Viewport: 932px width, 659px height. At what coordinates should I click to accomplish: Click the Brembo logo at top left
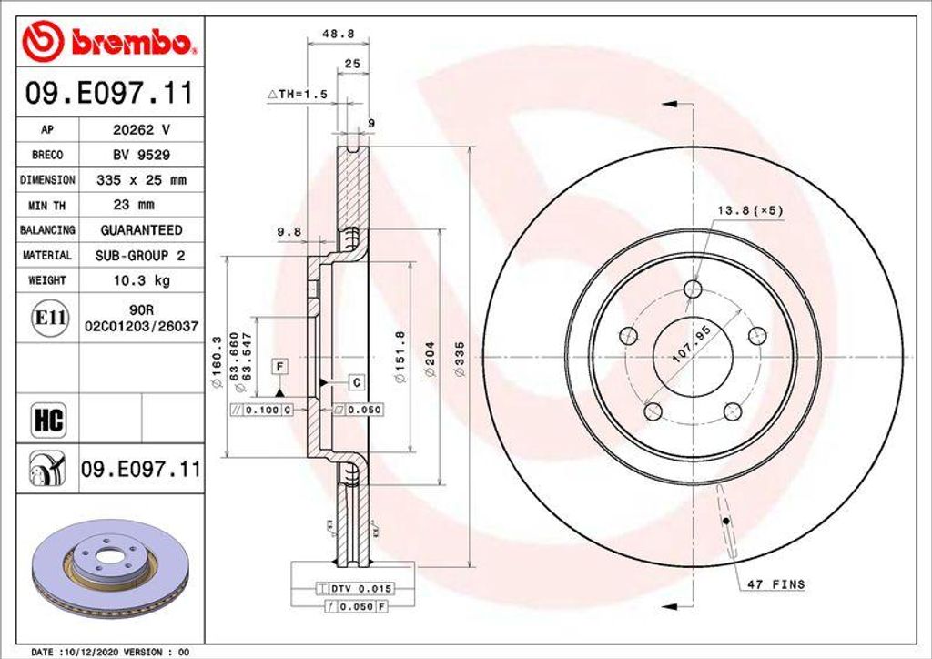(108, 41)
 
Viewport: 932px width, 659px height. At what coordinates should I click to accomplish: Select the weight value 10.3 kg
(141, 281)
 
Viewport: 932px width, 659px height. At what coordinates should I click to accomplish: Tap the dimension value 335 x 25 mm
(141, 180)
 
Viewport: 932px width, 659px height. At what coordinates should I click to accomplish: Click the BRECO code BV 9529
(140, 155)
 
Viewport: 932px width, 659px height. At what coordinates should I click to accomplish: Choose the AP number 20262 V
(140, 130)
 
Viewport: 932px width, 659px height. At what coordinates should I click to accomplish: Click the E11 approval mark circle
(46, 319)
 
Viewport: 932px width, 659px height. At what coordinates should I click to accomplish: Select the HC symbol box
(47, 420)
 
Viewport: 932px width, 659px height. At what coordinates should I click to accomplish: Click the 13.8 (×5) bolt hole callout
(749, 210)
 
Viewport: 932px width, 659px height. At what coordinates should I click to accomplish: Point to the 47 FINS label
(775, 583)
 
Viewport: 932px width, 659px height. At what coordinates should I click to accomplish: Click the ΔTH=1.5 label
(297, 94)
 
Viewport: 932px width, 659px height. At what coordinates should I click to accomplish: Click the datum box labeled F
(280, 367)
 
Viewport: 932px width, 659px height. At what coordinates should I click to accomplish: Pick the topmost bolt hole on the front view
(694, 289)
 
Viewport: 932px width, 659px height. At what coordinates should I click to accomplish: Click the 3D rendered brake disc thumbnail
(109, 565)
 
